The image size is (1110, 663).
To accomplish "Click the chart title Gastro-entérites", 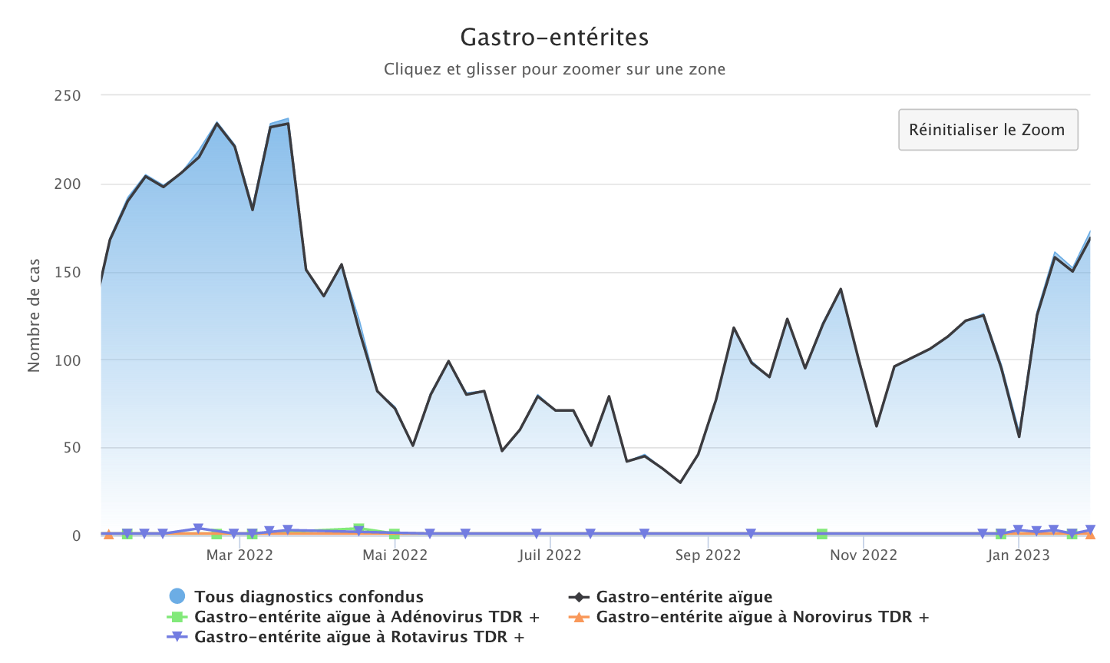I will click(554, 37).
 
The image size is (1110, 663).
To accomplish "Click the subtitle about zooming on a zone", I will click(554, 69).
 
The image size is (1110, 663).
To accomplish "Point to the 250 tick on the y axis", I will click(68, 96).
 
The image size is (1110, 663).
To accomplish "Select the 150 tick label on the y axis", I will click(68, 272).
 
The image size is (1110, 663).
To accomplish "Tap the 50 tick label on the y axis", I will click(71, 448).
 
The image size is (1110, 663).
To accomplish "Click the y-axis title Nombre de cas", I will click(34, 316).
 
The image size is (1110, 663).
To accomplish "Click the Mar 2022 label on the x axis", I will click(240, 555).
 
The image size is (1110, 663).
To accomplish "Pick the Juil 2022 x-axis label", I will click(550, 555).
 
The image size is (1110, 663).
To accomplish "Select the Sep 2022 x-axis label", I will click(708, 555).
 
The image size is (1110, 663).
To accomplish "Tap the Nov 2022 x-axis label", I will click(864, 555).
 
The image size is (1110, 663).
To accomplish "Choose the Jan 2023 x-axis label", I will click(1019, 555).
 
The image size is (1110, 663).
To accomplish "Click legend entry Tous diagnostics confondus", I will click(309, 597).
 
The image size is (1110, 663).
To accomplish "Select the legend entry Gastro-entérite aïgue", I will click(684, 597).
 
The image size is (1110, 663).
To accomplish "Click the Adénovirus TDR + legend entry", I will click(367, 617).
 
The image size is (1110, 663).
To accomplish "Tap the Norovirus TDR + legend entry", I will click(762, 617).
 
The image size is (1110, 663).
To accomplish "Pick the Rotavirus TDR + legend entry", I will click(359, 637).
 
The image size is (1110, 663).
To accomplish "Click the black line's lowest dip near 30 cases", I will click(680, 482).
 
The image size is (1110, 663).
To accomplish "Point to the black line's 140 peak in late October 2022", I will click(841, 289).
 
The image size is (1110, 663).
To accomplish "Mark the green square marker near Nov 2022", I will click(822, 534).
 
